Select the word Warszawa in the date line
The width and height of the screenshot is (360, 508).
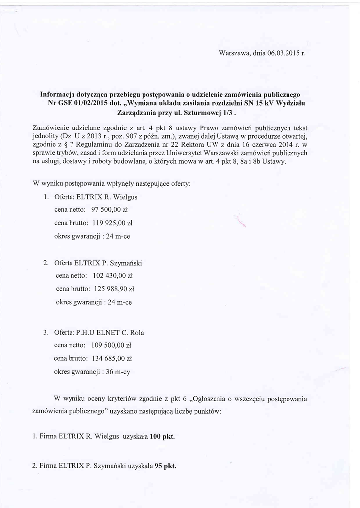tap(233, 53)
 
